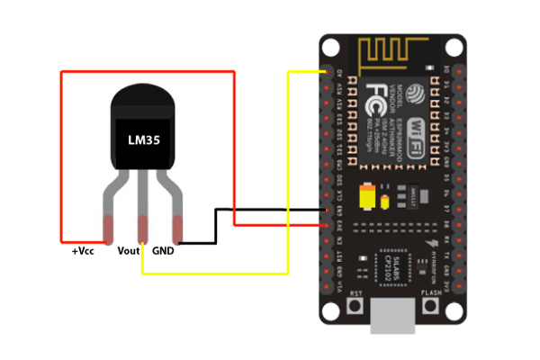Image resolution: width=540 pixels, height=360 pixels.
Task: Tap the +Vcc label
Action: click(x=83, y=251)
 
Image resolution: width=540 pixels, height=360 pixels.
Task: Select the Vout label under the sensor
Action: click(x=129, y=251)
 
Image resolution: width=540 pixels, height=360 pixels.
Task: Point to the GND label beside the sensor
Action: click(x=163, y=251)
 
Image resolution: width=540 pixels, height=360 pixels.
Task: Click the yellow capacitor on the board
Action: click(x=366, y=196)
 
